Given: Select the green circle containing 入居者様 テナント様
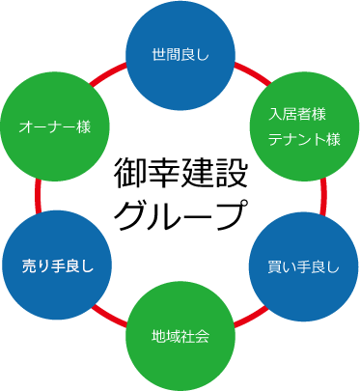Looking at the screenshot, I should [304, 127].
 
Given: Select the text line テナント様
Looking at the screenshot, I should [304, 140].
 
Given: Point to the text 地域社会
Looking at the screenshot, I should [180, 337].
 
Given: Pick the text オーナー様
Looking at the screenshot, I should [55, 126].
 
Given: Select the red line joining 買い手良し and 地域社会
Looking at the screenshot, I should [249, 317].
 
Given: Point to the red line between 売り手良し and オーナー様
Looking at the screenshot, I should [38, 196].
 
